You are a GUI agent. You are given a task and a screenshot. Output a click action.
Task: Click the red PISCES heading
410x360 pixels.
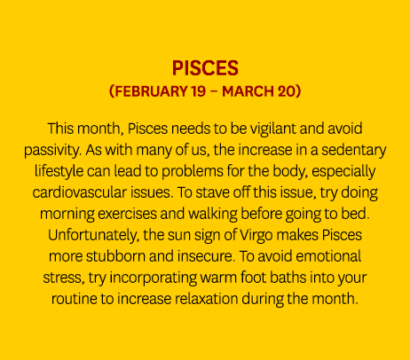[x=205, y=69]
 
